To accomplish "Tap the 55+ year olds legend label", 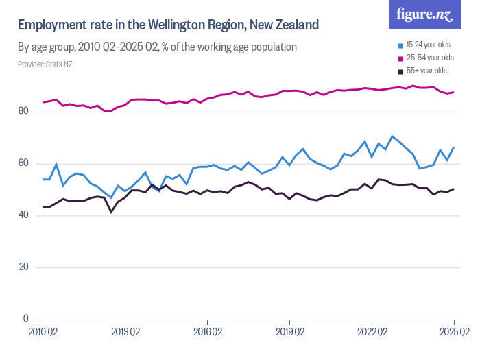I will coord(427,71).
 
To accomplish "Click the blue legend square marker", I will coord(401,45).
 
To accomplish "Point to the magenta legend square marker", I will coord(401,58).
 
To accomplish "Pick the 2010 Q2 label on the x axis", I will coord(43,331).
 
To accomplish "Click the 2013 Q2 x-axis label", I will coord(125,331).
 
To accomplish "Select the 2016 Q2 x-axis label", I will coord(207,331).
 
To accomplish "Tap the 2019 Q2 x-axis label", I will coord(289,331).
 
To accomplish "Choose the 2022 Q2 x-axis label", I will coord(372,331).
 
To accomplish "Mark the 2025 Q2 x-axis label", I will coord(453,331).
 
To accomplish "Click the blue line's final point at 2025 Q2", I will coord(454,147).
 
